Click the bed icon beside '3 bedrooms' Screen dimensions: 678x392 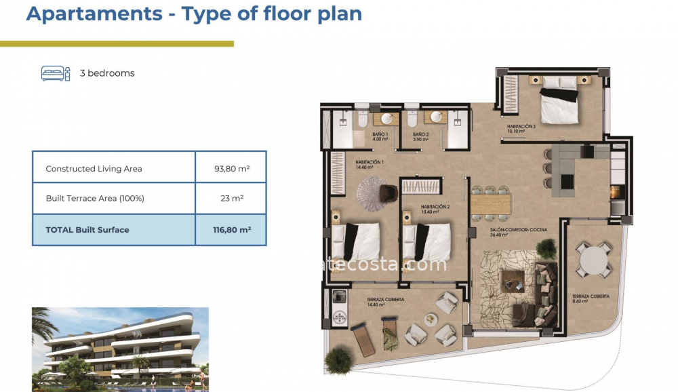56,73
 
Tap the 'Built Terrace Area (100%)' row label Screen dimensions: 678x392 95,199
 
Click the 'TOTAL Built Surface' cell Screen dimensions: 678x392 87,230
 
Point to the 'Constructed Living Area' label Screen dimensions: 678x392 94,169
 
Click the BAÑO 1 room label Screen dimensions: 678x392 380,137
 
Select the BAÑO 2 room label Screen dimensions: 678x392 421,137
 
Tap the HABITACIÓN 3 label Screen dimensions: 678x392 521,129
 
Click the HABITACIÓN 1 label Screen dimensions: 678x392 370,165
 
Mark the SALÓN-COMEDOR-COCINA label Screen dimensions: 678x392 519,232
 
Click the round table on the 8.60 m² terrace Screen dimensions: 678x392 593,259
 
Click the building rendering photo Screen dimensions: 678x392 121,349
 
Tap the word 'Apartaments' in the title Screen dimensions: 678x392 94,14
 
